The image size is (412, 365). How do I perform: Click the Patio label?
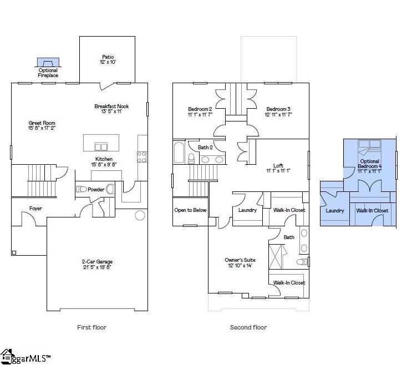point(108,56)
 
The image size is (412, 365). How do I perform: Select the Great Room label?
point(42,123)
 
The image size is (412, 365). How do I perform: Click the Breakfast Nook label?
point(111,105)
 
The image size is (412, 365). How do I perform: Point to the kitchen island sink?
point(101,146)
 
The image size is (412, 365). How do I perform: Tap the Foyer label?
point(35,209)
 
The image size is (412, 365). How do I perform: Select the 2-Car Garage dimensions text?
point(97,267)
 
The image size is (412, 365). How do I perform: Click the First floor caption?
point(91,327)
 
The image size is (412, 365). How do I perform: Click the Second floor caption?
point(248,327)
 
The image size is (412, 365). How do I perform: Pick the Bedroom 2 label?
point(199,109)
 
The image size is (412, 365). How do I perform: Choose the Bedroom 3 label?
point(278,109)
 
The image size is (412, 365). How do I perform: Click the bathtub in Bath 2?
point(180,153)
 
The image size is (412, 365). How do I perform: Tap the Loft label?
point(278,165)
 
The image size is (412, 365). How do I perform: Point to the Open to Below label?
point(190,210)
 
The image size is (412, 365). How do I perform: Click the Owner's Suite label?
point(239,260)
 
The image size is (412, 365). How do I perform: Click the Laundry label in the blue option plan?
point(335,211)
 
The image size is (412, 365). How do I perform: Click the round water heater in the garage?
point(140,215)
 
